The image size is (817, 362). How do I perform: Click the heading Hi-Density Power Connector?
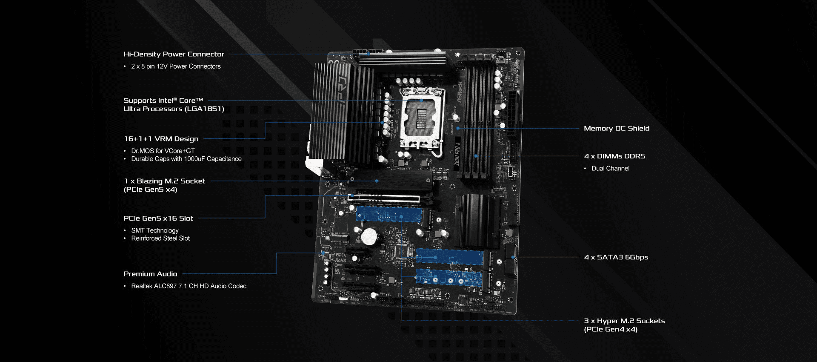pos(174,54)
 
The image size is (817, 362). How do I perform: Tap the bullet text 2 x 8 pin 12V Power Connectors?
pos(176,66)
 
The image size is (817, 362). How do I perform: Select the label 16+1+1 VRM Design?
pos(161,139)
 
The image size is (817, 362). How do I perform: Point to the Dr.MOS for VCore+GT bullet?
pos(163,151)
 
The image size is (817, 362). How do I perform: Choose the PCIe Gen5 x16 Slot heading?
pos(158,218)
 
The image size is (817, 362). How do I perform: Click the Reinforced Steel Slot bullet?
pos(160,238)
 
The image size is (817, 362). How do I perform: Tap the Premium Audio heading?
pos(150,274)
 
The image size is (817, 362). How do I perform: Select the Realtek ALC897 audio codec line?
pos(189,286)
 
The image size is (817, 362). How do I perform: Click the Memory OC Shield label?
pos(617,128)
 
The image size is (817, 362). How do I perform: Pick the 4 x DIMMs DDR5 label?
pos(614,156)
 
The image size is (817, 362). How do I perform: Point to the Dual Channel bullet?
pos(610,169)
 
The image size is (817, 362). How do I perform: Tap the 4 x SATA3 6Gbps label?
pos(616,257)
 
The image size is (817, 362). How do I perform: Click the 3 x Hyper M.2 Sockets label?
pos(624,321)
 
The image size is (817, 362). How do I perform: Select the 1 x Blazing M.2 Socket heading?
pos(164,181)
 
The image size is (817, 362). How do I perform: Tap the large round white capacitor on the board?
pos(369,237)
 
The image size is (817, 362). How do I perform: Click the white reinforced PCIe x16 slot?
pos(383,198)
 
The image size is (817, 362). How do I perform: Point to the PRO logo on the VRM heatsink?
pos(343,90)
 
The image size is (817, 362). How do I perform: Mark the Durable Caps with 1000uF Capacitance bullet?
pos(186,159)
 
